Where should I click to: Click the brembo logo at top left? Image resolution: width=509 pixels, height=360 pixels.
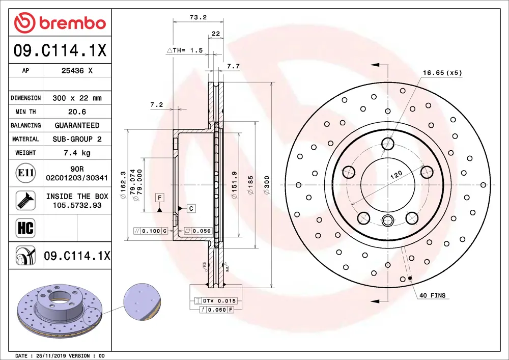[x=60, y=23]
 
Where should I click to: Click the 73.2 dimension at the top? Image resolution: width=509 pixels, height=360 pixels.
[x=197, y=17]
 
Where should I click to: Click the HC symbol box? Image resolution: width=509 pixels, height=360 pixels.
[x=25, y=228]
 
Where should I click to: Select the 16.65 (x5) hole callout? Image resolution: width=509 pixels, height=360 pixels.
[x=442, y=73]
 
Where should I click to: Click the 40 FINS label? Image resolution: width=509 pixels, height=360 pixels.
[x=432, y=296]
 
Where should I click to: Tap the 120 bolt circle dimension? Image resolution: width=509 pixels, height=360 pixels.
[x=396, y=174]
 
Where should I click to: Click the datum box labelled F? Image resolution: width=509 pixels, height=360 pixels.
[x=159, y=197]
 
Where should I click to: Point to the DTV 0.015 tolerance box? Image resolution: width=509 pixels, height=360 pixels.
[x=220, y=301]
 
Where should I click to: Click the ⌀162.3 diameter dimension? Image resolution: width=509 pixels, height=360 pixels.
[x=123, y=182]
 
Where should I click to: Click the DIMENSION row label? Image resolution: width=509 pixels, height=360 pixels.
[x=25, y=98]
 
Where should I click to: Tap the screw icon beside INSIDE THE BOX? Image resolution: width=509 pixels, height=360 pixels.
[x=25, y=200]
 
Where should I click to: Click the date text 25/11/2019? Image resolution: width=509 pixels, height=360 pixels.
[x=49, y=355]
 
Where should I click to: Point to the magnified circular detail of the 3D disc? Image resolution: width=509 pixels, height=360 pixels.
[x=142, y=302]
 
